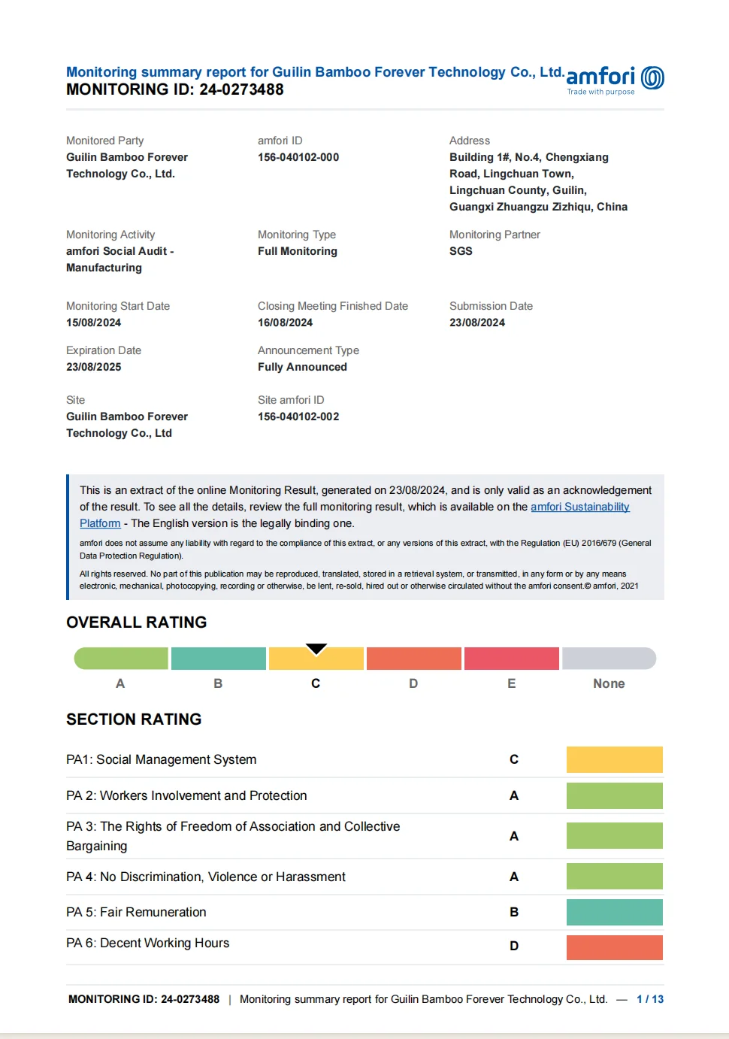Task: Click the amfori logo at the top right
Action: (x=614, y=79)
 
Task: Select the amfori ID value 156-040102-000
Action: (x=298, y=157)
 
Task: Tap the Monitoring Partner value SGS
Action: (x=461, y=251)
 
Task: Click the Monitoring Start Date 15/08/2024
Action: (x=93, y=323)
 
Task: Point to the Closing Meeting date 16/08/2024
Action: (x=285, y=323)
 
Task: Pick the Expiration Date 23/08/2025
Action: (x=93, y=367)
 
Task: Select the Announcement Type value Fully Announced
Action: (x=302, y=367)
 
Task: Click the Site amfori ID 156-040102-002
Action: (x=298, y=417)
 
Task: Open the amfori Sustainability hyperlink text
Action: (x=579, y=507)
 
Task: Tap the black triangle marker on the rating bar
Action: (x=316, y=649)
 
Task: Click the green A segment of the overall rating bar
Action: (x=121, y=659)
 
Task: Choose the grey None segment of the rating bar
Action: (x=609, y=659)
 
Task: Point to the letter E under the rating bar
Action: (x=512, y=683)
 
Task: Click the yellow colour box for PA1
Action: (x=614, y=759)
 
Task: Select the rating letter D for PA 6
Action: (x=514, y=946)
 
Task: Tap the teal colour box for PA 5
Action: (x=614, y=912)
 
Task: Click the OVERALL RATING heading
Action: (x=137, y=622)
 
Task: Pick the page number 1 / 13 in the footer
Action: (x=650, y=999)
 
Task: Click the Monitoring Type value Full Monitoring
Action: (x=298, y=251)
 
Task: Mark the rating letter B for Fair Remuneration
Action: (x=514, y=912)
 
